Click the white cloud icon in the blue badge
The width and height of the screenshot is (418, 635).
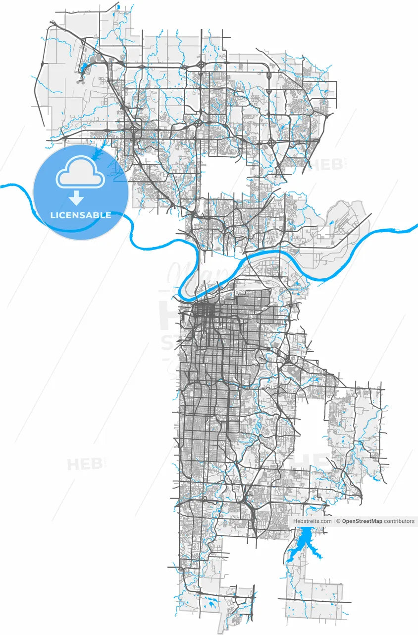pyautogui.click(x=80, y=172)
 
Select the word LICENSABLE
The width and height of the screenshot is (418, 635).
pyautogui.click(x=81, y=216)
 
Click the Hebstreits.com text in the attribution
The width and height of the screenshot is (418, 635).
pyautogui.click(x=313, y=521)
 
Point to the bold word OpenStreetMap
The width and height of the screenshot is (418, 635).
pyautogui.click(x=362, y=521)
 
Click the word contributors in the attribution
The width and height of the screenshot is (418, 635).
pyautogui.click(x=399, y=521)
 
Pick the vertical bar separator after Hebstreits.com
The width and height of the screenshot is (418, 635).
pyautogui.click(x=334, y=521)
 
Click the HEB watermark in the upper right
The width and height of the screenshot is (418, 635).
pyautogui.click(x=325, y=164)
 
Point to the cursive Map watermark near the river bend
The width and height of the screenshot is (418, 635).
pyautogui.click(x=198, y=273)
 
